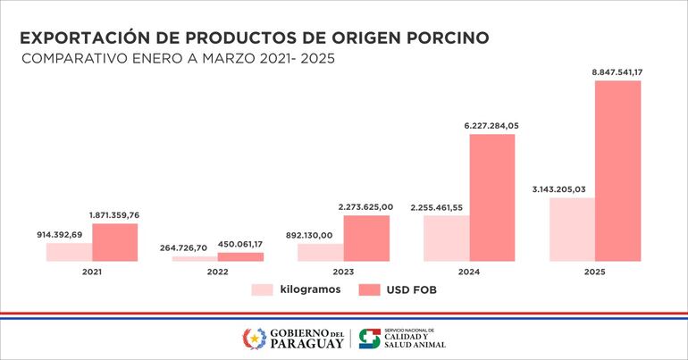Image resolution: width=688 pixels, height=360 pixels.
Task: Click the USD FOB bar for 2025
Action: point(618,171)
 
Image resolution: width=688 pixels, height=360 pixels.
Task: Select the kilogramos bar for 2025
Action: point(572,230)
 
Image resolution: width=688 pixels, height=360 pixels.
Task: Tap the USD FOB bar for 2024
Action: point(492,197)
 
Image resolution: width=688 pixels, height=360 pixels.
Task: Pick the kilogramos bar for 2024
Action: point(446,239)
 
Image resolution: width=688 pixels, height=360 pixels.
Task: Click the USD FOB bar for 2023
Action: point(366,239)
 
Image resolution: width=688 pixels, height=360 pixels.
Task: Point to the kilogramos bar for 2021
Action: point(69,252)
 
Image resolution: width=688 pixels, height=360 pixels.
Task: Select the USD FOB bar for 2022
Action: point(240,257)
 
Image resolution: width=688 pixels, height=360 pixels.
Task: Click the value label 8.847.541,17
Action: point(617,71)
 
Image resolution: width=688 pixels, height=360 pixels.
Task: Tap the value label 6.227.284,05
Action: point(491,126)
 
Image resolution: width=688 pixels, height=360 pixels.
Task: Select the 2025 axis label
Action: point(595,270)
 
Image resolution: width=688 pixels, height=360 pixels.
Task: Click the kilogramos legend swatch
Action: point(262,289)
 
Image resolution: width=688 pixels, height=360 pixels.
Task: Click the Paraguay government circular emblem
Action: point(255,339)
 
